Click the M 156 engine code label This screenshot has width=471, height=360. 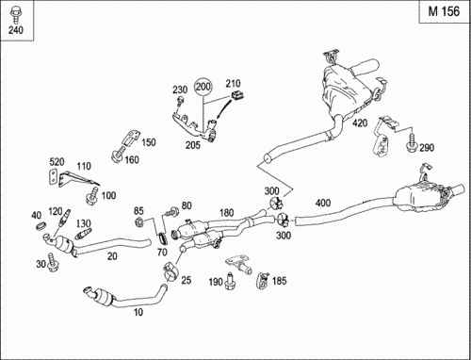[x=444, y=11]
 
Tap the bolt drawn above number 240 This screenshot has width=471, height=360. [x=15, y=15]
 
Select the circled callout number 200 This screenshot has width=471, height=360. [x=203, y=87]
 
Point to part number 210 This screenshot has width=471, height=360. [x=233, y=83]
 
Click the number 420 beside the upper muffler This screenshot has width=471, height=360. [x=360, y=123]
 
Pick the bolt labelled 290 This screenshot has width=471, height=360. [x=412, y=143]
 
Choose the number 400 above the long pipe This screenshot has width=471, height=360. [x=323, y=203]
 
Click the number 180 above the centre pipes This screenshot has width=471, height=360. [x=226, y=213]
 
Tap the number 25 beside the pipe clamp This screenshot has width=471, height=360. [x=187, y=280]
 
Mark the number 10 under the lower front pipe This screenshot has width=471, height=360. [x=138, y=312]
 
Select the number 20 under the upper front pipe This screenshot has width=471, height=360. [x=112, y=256]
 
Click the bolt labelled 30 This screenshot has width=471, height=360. [x=52, y=263]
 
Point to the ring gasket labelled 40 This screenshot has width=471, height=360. [x=41, y=225]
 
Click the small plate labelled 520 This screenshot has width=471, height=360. [x=53, y=177]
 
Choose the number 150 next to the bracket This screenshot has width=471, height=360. [x=148, y=142]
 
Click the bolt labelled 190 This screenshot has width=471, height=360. [x=230, y=281]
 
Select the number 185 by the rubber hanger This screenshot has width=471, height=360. [x=279, y=281]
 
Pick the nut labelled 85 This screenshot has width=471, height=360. [x=138, y=222]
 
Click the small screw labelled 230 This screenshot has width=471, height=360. [x=180, y=101]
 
